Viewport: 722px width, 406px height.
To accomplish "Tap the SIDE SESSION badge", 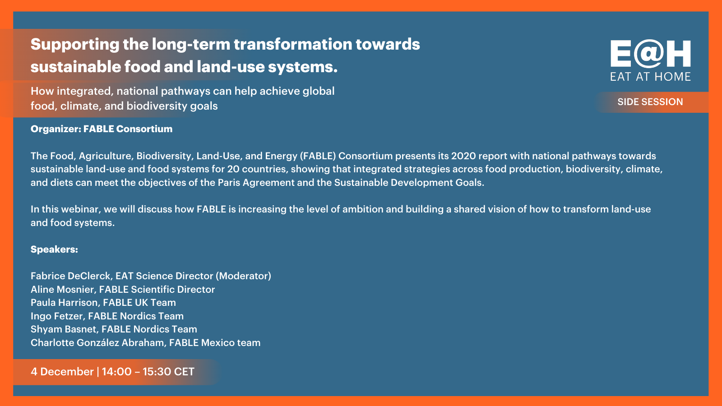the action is (650, 102).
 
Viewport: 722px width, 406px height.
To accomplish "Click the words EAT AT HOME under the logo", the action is (650, 77).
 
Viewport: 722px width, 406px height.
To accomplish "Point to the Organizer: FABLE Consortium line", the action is (102, 129).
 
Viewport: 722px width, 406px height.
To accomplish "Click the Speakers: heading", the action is (54, 249).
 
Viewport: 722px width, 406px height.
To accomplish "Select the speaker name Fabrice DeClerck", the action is (70, 276).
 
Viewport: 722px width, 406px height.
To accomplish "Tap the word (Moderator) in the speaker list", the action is (243, 276).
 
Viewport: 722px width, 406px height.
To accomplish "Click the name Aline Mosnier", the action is (63, 289).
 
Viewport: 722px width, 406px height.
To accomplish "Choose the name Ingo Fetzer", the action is (57, 316).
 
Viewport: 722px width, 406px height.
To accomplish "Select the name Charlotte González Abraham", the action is (98, 342).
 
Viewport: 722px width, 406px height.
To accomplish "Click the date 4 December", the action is (62, 372).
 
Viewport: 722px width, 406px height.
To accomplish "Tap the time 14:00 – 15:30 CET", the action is (148, 372).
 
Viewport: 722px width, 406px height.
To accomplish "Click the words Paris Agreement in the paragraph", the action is (256, 183).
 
